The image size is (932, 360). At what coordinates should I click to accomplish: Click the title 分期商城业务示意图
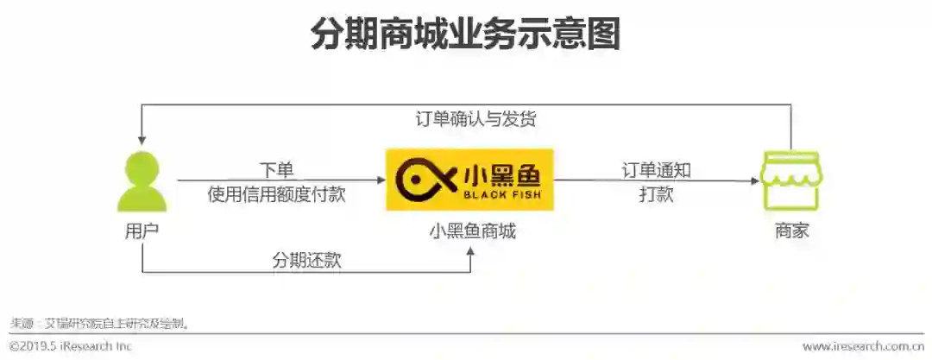click(465, 34)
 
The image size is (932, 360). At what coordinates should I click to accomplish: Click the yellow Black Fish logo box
click(469, 180)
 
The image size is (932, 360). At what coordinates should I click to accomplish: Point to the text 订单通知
click(657, 170)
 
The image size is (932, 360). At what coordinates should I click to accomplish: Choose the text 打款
click(657, 194)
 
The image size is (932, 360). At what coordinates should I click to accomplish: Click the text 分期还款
click(306, 260)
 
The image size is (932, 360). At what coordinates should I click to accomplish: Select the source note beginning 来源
click(99, 323)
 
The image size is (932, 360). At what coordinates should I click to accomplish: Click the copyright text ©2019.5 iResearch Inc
click(71, 346)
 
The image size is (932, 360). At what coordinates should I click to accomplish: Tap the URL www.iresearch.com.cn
click(863, 346)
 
